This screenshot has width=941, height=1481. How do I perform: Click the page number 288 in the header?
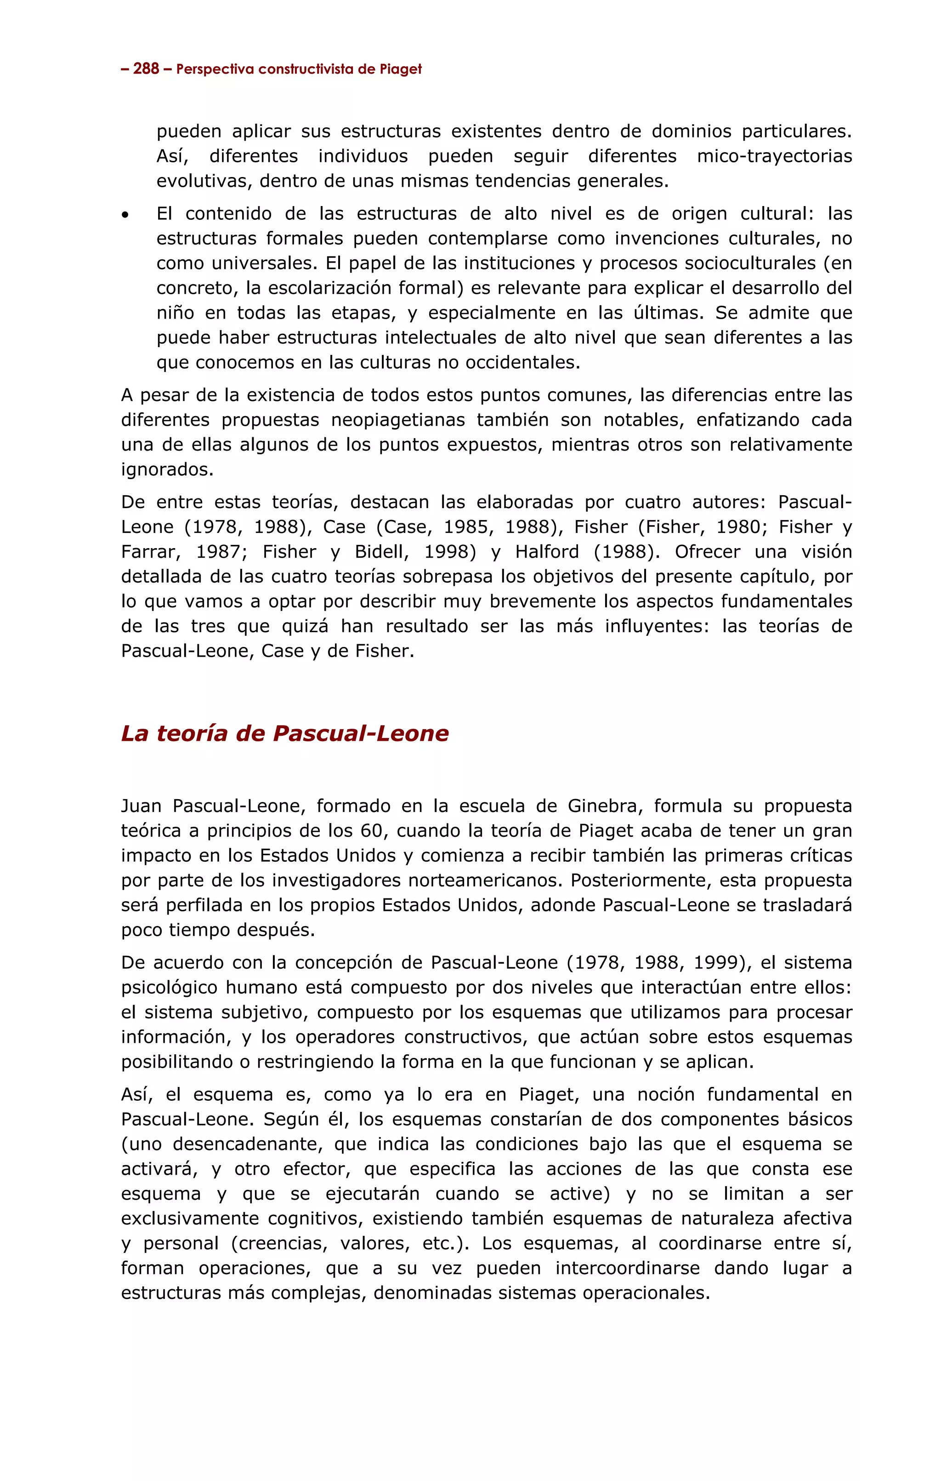pos(146,69)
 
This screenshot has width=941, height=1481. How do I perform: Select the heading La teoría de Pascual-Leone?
pos(284,733)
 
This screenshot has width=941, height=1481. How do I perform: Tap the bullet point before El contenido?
pos(126,215)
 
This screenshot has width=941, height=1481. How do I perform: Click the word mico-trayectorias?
pos(774,156)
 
